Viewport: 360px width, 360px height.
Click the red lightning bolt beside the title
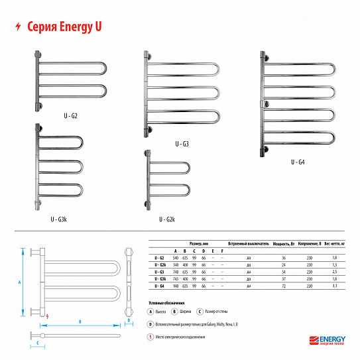click(x=17, y=27)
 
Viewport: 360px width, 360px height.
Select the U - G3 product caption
click(x=182, y=144)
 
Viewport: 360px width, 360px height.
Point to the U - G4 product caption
click(x=297, y=162)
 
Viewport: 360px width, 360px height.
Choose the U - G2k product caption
click(x=166, y=219)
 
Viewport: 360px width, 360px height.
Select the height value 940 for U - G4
click(x=176, y=286)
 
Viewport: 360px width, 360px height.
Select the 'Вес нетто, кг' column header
click(x=334, y=244)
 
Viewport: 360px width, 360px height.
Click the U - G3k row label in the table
click(x=159, y=278)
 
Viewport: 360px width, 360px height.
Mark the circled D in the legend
click(x=151, y=324)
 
